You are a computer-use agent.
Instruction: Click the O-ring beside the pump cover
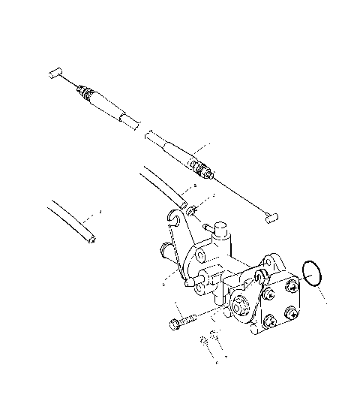[x=312, y=273]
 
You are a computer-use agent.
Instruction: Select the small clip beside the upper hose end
[x=193, y=209]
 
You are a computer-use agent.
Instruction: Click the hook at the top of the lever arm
[x=175, y=220]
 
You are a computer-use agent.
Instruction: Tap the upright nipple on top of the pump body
[x=217, y=228]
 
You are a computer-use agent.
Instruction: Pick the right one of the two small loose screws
[x=214, y=336]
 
